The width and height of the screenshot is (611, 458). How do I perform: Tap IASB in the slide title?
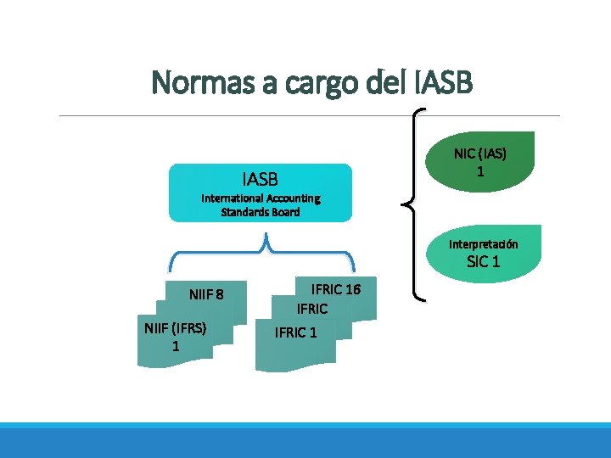pyautogui.click(x=446, y=83)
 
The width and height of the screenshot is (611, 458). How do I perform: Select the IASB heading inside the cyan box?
pyautogui.click(x=260, y=179)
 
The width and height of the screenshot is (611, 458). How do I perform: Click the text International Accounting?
pyautogui.click(x=261, y=198)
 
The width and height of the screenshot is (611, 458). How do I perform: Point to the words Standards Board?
pyautogui.click(x=261, y=212)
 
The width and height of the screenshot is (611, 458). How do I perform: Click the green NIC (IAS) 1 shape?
pyautogui.click(x=480, y=162)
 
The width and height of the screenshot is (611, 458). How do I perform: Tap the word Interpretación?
pyautogui.click(x=484, y=244)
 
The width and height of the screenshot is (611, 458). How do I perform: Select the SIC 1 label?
pyautogui.click(x=484, y=262)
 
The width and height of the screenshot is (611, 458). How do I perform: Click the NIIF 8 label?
pyautogui.click(x=206, y=295)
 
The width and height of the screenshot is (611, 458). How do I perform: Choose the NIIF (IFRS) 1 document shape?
pyautogui.click(x=176, y=338)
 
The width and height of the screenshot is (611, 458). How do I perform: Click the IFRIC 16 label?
pyautogui.click(x=336, y=290)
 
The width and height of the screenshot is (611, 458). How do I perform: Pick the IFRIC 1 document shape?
pyautogui.click(x=296, y=333)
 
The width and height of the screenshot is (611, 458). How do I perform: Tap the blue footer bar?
pyautogui.click(x=305, y=441)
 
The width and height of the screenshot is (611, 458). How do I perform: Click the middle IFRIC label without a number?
pyautogui.click(x=311, y=310)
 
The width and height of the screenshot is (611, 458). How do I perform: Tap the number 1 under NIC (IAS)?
pyautogui.click(x=480, y=170)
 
